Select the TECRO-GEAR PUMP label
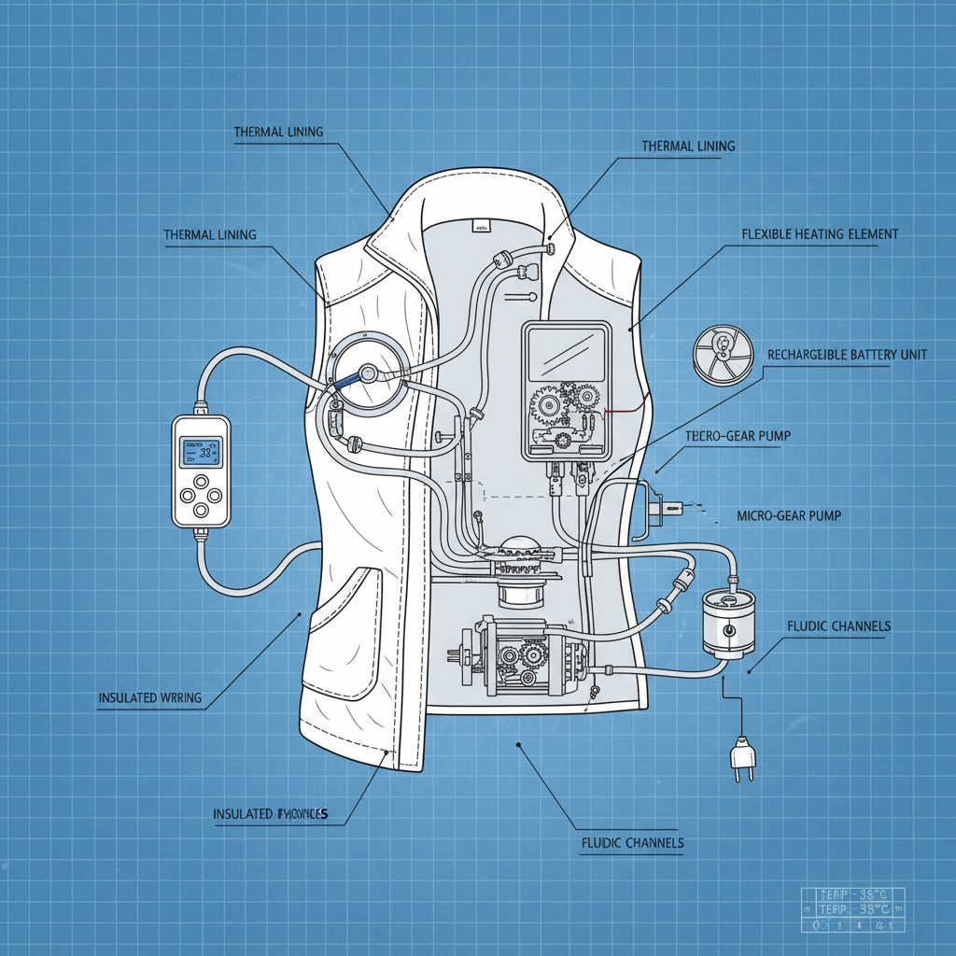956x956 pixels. coord(731,436)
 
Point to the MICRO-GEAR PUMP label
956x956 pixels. coord(788,515)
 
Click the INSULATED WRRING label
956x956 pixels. coord(149,697)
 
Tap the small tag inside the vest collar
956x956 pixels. coord(482,226)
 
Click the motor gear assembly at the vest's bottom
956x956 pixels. coord(518,654)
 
